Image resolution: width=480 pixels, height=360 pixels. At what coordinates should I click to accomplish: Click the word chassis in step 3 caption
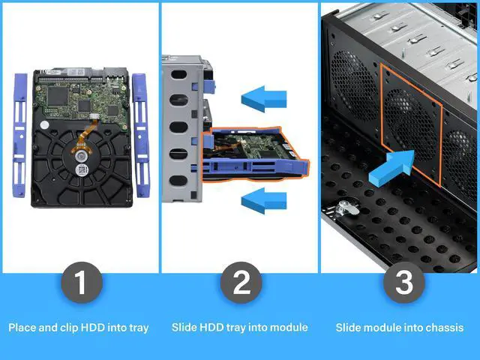tap(445, 328)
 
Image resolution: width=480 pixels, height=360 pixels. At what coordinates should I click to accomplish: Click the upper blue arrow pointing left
tap(263, 97)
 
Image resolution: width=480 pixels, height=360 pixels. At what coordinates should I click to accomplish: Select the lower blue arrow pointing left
tap(264, 199)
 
